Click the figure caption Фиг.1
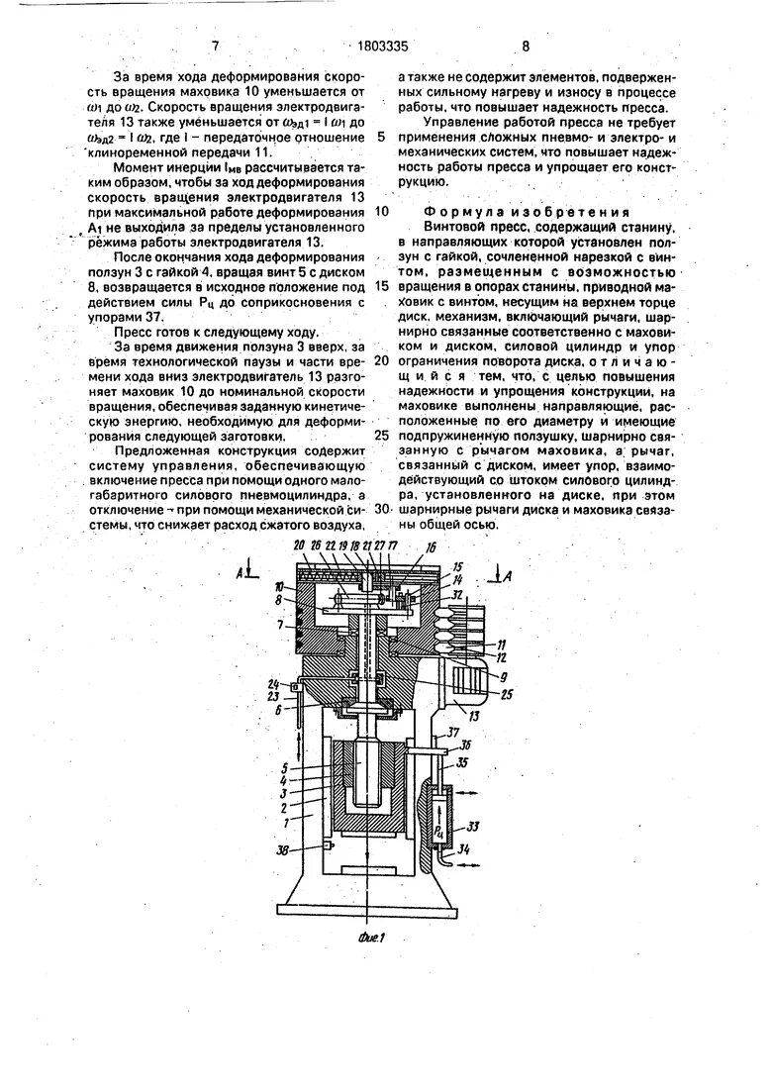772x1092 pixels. [x=370, y=937]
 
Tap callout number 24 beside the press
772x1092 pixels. [x=273, y=683]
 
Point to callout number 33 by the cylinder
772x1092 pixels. [x=473, y=826]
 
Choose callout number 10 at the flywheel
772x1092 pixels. [x=282, y=585]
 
